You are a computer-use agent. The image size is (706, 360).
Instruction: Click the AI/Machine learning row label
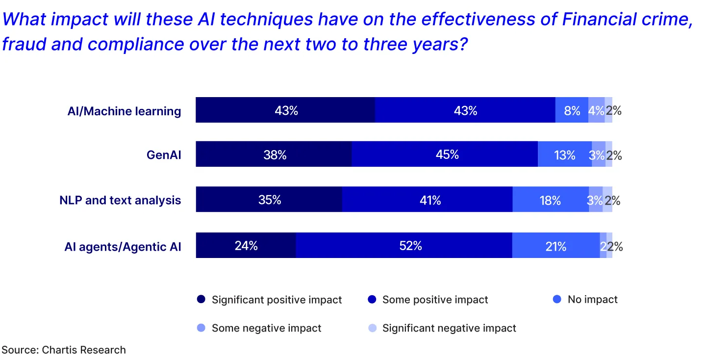pos(124,111)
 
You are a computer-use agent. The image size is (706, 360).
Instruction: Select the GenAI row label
pos(164,155)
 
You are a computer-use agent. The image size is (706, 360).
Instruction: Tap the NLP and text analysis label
pos(120,201)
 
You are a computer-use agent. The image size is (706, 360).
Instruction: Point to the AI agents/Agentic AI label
pos(123,247)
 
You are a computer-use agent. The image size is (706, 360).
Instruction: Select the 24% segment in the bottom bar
pos(246,246)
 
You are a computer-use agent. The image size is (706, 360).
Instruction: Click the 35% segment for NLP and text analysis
pos(269,200)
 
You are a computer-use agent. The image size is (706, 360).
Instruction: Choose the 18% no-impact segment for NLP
pos(550,200)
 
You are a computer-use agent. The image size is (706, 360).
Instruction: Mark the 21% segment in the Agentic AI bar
pos(555,246)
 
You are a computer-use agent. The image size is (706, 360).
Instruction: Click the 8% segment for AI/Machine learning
pos(572,110)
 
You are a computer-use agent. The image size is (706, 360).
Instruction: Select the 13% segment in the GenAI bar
pos(564,154)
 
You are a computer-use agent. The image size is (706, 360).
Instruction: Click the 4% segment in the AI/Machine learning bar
pos(596,110)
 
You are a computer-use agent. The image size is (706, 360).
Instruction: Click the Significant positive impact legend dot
pos(201,300)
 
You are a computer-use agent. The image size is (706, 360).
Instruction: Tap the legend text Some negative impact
pos(266,328)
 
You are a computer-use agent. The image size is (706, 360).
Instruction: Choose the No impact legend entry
pos(592,300)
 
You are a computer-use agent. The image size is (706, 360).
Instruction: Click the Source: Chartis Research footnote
pos(64,350)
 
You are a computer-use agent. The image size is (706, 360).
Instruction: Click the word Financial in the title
pos(598,20)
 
